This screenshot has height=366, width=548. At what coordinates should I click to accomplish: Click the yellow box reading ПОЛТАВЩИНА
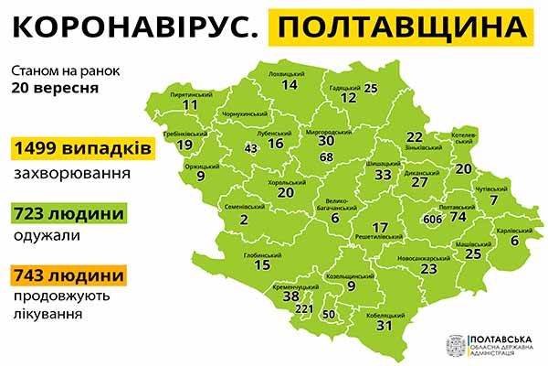click(x=403, y=31)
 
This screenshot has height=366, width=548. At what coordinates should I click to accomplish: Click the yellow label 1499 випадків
click(x=77, y=148)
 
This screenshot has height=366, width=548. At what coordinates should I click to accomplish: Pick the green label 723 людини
click(x=68, y=213)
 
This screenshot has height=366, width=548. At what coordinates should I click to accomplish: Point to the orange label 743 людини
click(x=68, y=274)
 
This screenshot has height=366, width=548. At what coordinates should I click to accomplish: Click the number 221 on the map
click(x=304, y=308)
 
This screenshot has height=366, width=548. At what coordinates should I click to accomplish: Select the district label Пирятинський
click(x=192, y=94)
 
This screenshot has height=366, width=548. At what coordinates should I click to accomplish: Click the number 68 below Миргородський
click(x=327, y=157)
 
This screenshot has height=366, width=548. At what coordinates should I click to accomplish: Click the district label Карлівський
click(x=514, y=230)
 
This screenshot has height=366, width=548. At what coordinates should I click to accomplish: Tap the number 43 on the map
click(x=251, y=148)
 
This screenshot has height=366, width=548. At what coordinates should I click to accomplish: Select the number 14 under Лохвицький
click(x=290, y=85)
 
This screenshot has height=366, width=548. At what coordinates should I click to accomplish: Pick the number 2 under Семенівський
click(x=244, y=220)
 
